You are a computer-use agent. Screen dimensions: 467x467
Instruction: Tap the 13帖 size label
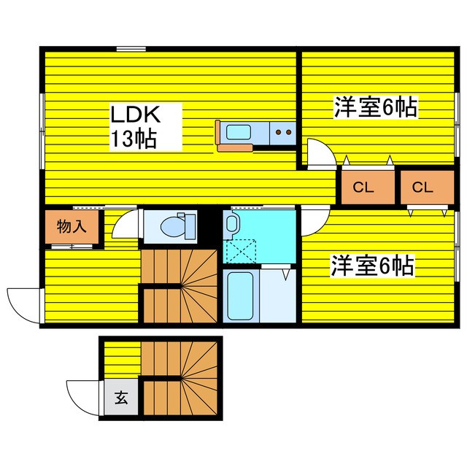pyautogui.click(x=134, y=139)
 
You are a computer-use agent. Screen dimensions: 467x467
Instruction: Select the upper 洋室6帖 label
pyautogui.click(x=375, y=108)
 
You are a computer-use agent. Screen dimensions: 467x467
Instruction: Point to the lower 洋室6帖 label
pyautogui.click(x=372, y=265)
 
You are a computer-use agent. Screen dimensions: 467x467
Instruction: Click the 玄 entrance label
pyautogui.click(x=120, y=399)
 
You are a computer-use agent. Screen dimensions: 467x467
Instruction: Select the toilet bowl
pyautogui.click(x=174, y=226)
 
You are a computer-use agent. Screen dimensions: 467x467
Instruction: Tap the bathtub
pyautogui.click(x=239, y=296)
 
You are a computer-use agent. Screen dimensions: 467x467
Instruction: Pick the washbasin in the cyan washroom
pyautogui.click(x=233, y=224)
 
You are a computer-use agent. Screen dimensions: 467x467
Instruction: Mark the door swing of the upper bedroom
pyautogui.click(x=319, y=152)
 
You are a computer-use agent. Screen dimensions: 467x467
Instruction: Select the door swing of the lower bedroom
pyautogui.click(x=314, y=220)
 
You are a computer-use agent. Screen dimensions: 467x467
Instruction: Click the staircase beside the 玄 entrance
pyautogui.click(x=180, y=377)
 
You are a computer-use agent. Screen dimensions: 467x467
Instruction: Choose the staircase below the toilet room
pyautogui.click(x=180, y=286)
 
